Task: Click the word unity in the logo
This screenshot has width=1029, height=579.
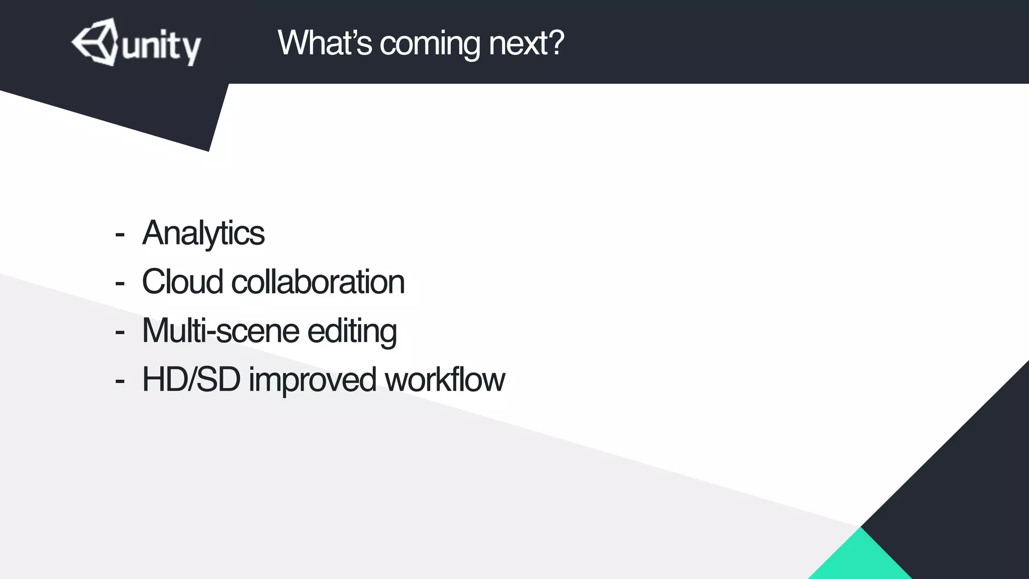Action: coord(161,48)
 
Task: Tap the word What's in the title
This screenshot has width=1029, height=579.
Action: coord(324,43)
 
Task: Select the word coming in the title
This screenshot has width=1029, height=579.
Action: coord(430,44)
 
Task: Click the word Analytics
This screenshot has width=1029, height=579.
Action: coord(203,233)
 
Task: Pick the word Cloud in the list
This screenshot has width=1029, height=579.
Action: coord(182,281)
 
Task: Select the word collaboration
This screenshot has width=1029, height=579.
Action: coord(318,281)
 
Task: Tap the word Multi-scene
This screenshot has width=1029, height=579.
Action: coord(221,331)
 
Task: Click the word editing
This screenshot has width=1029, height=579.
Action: coord(352,332)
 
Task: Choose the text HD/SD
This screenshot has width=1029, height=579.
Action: coord(191,379)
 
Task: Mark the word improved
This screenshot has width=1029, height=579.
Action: coord(312,380)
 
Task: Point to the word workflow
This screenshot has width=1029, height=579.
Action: coord(445,379)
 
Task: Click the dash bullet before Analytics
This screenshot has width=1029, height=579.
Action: coord(120,234)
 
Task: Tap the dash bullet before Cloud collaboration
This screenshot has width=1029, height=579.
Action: coord(120,283)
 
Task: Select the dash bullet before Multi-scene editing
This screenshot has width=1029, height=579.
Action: coord(120,332)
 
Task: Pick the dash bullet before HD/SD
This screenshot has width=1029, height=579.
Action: coord(120,380)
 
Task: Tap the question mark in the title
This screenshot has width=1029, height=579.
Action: coord(556,42)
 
